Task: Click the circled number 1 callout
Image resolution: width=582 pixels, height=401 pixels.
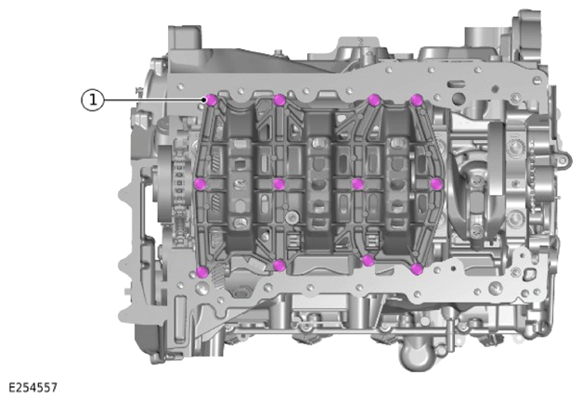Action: tap(93, 100)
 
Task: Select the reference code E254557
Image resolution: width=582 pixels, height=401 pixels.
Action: tap(33, 388)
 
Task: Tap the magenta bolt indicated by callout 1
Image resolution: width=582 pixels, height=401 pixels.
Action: tap(212, 100)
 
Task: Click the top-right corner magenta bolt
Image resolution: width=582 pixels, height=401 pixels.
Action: tap(417, 100)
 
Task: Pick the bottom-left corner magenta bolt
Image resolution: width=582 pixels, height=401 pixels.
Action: tap(202, 272)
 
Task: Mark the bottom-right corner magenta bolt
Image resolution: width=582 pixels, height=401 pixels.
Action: tap(417, 269)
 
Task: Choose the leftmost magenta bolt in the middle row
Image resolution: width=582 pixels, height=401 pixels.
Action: tap(200, 184)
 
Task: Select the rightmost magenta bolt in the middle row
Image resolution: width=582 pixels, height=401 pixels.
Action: tap(437, 184)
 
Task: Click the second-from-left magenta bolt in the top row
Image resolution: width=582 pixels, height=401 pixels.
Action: tap(279, 100)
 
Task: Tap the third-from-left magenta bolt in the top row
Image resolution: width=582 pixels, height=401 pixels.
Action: tap(374, 100)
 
